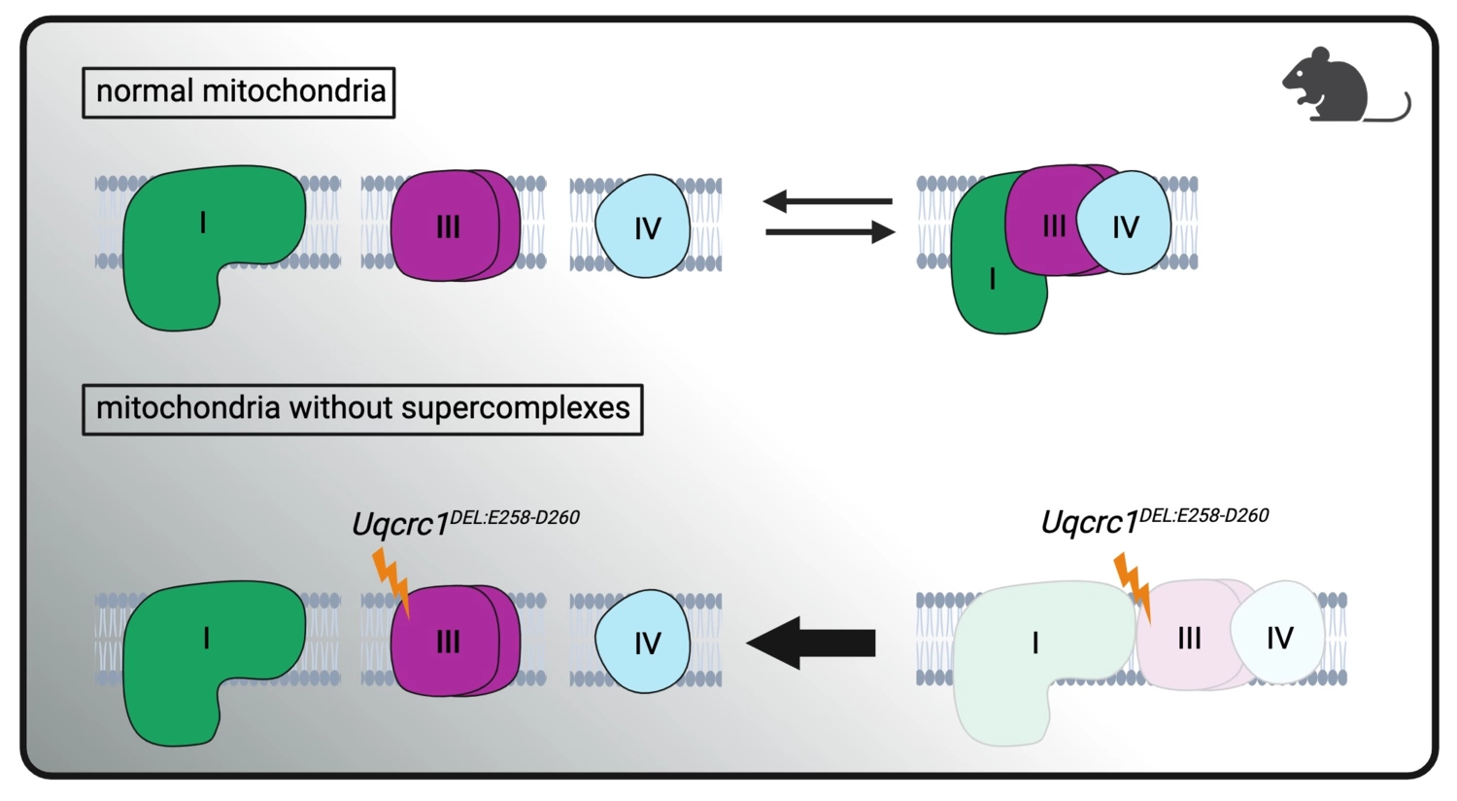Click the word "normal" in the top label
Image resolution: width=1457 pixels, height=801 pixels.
[145, 91]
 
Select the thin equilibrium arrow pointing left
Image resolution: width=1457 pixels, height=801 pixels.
[827, 201]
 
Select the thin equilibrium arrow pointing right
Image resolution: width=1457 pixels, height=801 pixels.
[830, 232]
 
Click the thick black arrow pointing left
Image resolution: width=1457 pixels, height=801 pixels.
[811, 643]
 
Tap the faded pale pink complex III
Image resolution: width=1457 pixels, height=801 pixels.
[1187, 639]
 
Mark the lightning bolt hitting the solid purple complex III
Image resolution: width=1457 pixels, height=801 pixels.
[392, 581]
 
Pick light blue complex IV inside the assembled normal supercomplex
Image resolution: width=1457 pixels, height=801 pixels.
[1125, 226]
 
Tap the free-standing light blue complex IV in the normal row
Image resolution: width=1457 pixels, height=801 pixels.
[644, 227]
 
